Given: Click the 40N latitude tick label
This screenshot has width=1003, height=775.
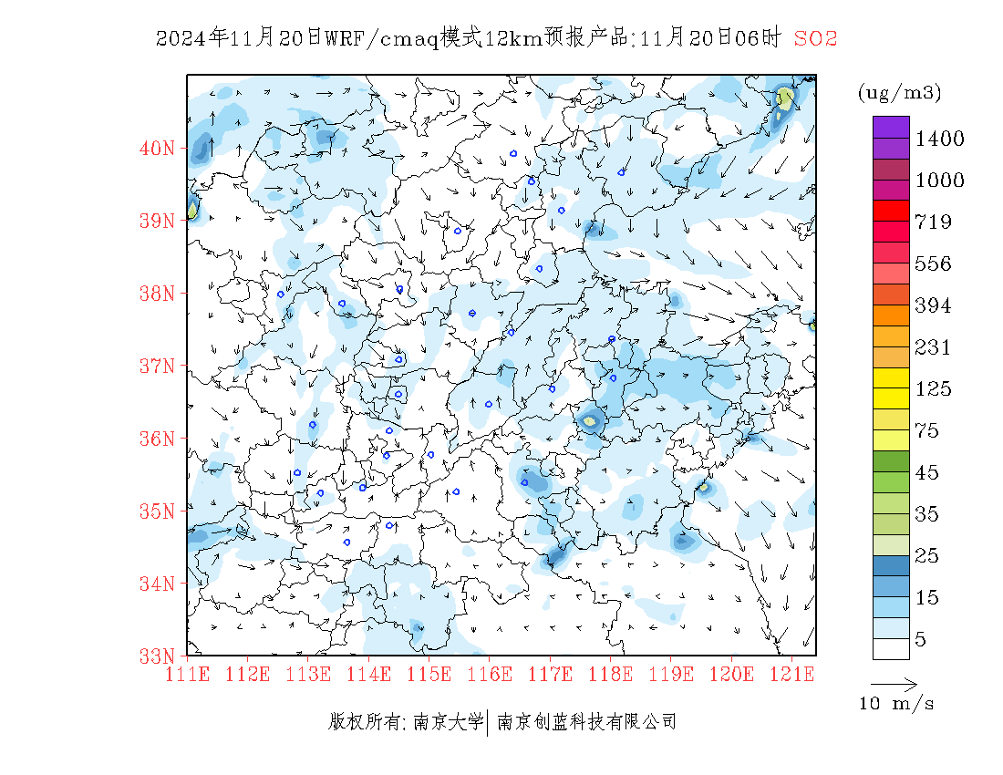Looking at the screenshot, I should [157, 148].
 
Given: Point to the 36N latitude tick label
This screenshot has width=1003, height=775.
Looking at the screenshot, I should [157, 439].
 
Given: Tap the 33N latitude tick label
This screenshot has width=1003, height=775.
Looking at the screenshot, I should [157, 656].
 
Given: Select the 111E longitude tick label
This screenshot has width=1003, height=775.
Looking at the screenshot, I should [187, 675].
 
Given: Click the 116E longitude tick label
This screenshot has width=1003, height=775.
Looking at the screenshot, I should [490, 675].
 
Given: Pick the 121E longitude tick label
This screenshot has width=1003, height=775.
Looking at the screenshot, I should [791, 675].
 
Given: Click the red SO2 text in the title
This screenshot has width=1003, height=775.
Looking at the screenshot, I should [815, 38].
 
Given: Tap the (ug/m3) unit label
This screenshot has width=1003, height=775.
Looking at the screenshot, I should [899, 92].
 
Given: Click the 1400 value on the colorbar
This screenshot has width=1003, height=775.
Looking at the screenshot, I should [939, 139].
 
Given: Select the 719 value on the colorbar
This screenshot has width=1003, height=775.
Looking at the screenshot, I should [934, 222].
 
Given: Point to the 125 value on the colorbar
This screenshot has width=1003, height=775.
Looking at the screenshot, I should [934, 389].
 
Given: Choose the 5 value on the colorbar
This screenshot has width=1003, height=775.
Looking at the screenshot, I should [921, 640].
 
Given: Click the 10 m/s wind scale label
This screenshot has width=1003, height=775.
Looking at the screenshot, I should [897, 704].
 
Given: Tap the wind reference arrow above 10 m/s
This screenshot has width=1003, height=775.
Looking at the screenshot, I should [894, 683].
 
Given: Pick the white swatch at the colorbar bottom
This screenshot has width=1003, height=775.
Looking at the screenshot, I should [891, 648].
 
